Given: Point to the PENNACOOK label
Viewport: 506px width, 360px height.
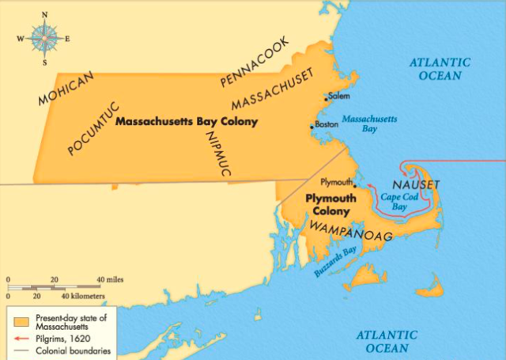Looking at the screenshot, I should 251,71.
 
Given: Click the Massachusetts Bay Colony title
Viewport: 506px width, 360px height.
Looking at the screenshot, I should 178,123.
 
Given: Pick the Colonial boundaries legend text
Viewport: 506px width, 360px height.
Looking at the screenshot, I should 72,351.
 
